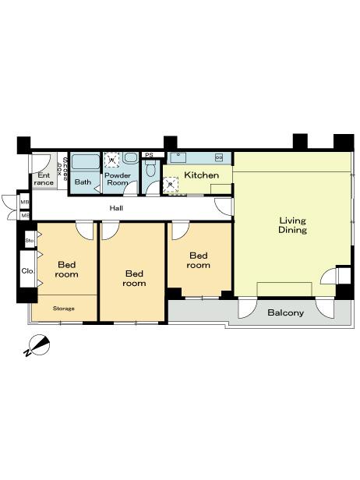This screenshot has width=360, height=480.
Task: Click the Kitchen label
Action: [201, 175]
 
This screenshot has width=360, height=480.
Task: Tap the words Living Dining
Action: [292, 225]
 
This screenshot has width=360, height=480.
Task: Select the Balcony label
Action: [284, 312]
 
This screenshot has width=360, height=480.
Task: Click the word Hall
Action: [116, 208]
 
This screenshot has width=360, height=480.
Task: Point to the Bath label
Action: [83, 182]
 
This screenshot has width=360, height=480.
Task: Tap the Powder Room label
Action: [118, 179]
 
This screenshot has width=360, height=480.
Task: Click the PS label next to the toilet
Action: [149, 155]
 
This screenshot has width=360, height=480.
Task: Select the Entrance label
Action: [44, 179]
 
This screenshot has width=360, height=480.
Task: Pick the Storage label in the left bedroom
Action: [64, 309]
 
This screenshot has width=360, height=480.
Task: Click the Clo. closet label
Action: [27, 272]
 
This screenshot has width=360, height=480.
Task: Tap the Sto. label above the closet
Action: [29, 241]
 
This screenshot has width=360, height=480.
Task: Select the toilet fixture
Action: [151, 168]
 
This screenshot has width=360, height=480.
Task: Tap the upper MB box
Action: [26, 202]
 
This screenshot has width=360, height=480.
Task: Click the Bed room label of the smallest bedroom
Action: [199, 260]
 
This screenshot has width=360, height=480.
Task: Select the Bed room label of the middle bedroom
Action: [134, 278]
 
